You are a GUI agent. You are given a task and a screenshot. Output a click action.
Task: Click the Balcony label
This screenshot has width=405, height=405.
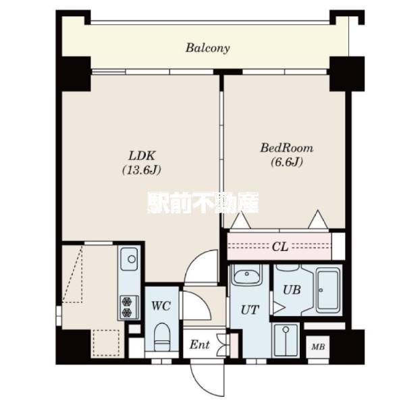(x=207, y=48)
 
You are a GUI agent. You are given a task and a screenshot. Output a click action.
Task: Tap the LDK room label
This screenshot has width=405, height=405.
(x=142, y=156)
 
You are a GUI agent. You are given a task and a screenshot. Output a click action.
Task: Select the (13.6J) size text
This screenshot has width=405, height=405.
(x=142, y=170)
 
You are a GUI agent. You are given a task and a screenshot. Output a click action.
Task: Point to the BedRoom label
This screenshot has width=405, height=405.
(x=286, y=148)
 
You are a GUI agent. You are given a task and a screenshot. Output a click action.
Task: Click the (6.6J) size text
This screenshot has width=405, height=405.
(x=287, y=162)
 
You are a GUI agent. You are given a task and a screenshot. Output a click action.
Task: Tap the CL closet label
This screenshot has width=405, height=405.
(x=280, y=247)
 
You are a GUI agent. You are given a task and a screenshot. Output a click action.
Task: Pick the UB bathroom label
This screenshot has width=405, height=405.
(x=292, y=290)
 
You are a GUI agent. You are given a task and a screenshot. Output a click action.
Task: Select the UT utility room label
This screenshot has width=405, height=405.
(x=250, y=310)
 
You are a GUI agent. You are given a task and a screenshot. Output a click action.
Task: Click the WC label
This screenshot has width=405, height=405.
(x=161, y=306)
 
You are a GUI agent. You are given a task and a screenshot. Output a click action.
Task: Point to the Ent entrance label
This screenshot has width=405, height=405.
(x=199, y=345)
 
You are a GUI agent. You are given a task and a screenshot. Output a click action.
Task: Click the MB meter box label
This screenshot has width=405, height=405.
(x=318, y=347)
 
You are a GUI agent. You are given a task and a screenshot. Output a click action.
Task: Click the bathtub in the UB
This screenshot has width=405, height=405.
(x=328, y=290)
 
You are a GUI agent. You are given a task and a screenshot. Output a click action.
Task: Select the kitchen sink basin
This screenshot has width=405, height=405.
(x=130, y=259)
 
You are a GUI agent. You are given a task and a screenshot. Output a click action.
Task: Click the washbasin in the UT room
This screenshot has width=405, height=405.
(x=246, y=274)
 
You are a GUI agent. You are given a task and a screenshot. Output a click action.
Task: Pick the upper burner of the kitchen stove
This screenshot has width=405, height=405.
(x=127, y=302)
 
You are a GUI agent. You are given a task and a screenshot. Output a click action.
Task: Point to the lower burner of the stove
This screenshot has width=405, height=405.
(x=127, y=313)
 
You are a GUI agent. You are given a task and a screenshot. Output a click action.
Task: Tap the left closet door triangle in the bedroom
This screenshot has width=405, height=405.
(x=241, y=220)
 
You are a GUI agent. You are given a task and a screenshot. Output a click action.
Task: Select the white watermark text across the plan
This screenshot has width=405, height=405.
(x=203, y=203)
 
